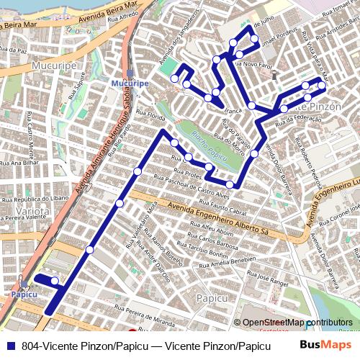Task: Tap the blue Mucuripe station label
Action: click(130, 84)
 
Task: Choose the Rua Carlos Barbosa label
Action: click(214, 240)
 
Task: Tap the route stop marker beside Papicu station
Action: click(55, 280)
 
